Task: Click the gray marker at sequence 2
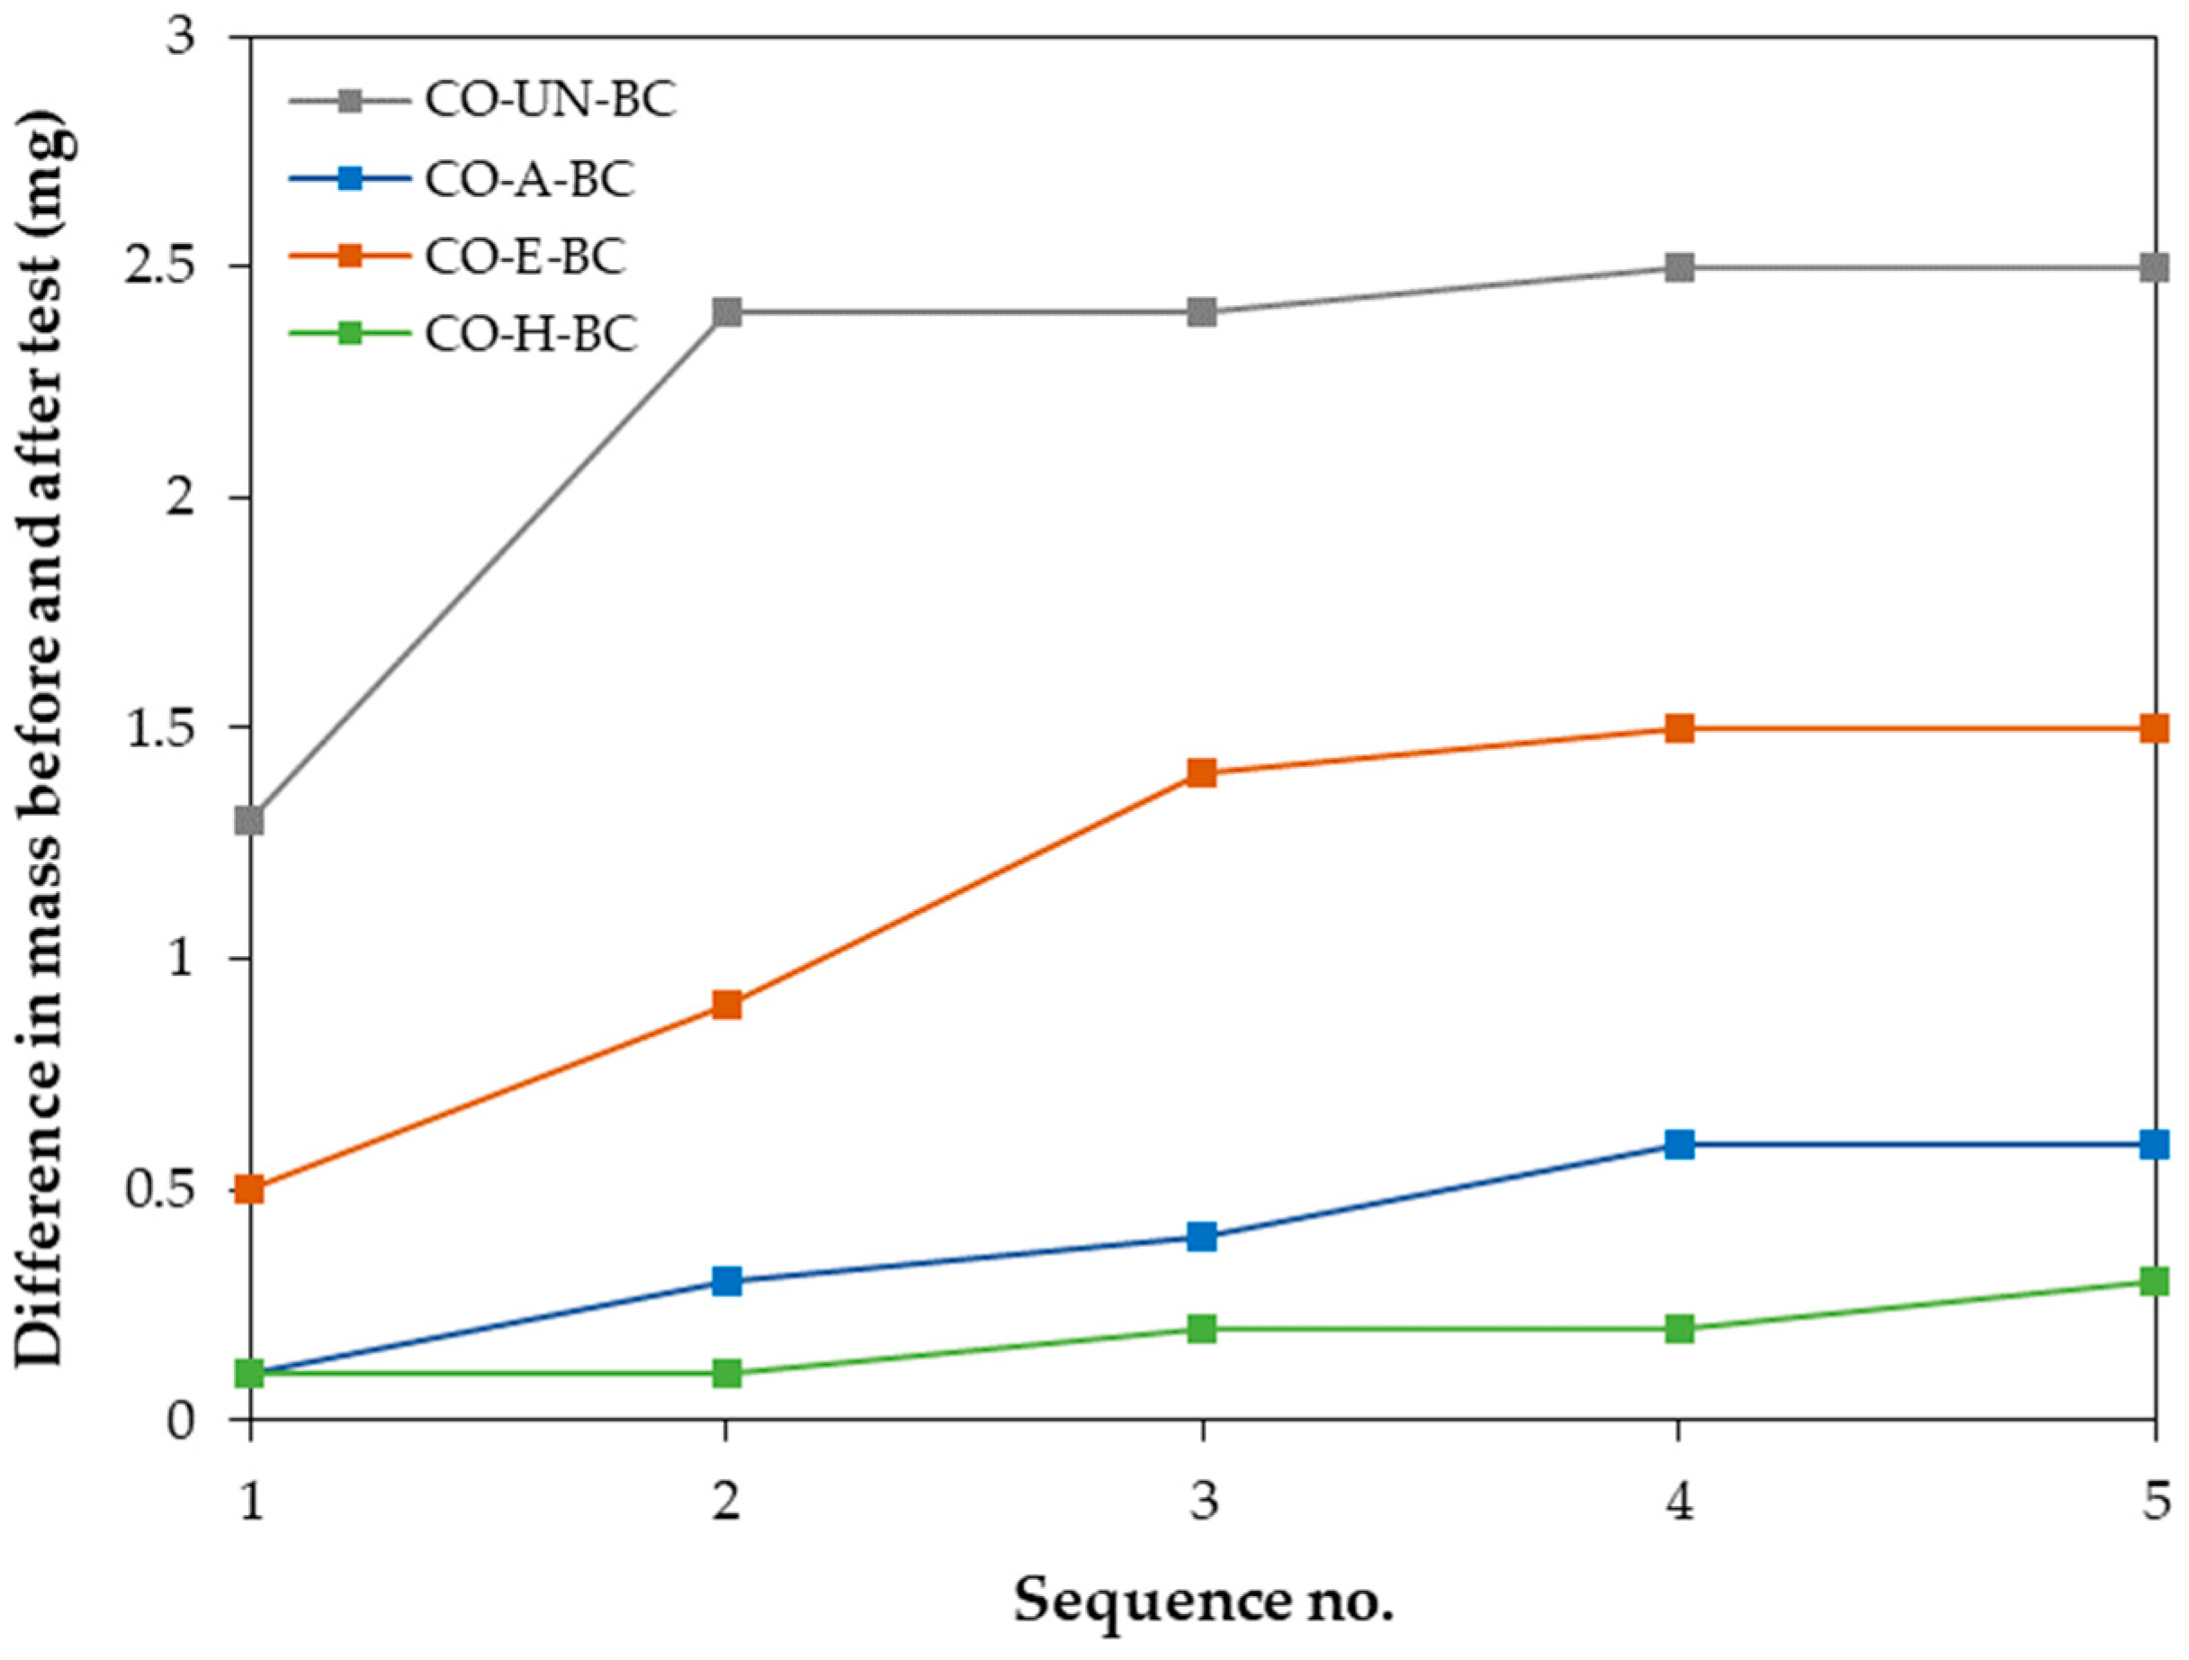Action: point(726,312)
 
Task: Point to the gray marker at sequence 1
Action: point(250,821)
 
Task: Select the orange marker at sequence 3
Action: point(1201,773)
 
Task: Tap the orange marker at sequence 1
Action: point(250,1189)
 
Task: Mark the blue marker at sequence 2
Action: point(726,1282)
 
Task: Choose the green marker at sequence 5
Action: point(2155,1282)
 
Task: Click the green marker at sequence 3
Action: point(1201,1329)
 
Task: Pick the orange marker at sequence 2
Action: point(726,1006)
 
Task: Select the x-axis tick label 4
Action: point(1680,1502)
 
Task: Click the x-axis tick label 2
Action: point(726,1502)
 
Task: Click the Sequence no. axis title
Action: point(1202,1601)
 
